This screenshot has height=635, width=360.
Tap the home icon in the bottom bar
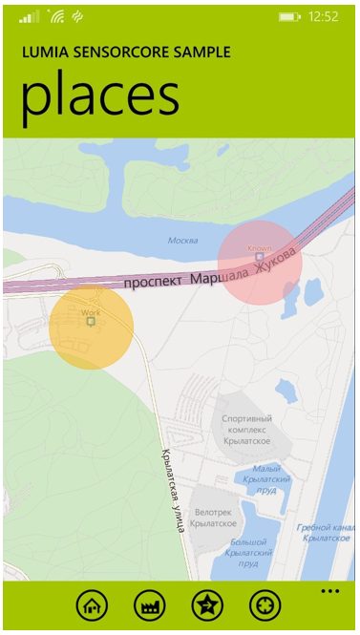[x=92, y=604]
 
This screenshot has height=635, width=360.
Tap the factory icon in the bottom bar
[x=150, y=604]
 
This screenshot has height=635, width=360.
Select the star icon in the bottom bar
[x=207, y=604]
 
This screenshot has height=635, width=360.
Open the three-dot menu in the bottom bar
[x=330, y=592]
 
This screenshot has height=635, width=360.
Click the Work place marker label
[x=91, y=312]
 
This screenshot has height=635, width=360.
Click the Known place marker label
[x=260, y=248]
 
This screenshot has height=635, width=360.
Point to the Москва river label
[x=182, y=240]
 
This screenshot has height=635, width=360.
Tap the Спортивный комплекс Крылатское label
[x=246, y=430]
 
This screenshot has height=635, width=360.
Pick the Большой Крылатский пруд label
[x=253, y=553]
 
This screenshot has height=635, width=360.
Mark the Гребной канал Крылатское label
[x=327, y=533]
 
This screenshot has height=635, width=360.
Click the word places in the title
[x=99, y=96]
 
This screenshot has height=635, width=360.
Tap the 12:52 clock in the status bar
[x=325, y=17]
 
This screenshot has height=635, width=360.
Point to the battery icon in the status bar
[x=289, y=17]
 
